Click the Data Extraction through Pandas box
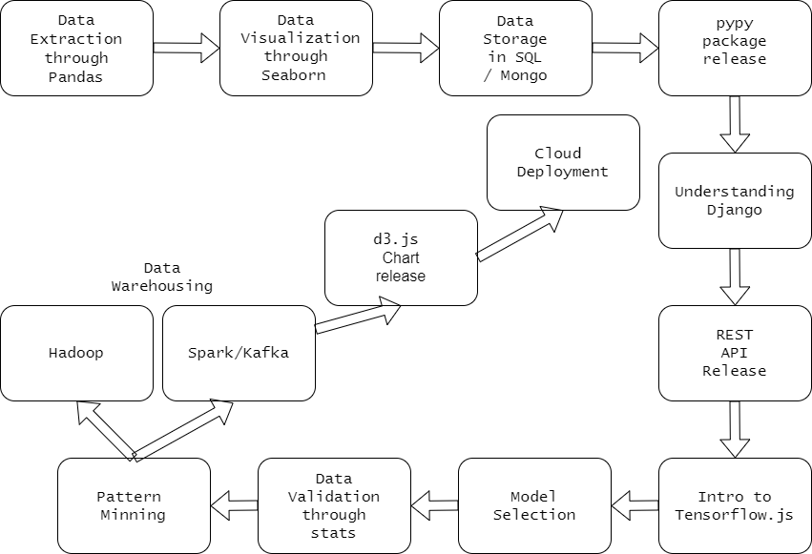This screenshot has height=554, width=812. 76,48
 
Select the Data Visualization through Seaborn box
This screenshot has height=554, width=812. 296,48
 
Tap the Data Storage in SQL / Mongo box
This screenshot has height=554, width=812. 515,48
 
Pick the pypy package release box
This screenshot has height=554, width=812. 735,48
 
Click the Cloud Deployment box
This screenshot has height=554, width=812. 563,162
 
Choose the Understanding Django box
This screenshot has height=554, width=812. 735,200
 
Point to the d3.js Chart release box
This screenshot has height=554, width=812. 401,257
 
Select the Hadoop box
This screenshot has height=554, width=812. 76,353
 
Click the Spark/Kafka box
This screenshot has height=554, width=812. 239,353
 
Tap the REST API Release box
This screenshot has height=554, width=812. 735,353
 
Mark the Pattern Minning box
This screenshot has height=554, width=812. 134,505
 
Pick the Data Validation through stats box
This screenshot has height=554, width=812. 334,505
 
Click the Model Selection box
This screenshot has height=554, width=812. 534,505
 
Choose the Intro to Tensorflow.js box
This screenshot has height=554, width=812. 735,505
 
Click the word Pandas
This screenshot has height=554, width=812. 76,76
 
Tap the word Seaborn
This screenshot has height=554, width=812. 294,75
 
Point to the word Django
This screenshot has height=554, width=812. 735,210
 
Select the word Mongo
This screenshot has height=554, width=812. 524,75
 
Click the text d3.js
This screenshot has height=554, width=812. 396,239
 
